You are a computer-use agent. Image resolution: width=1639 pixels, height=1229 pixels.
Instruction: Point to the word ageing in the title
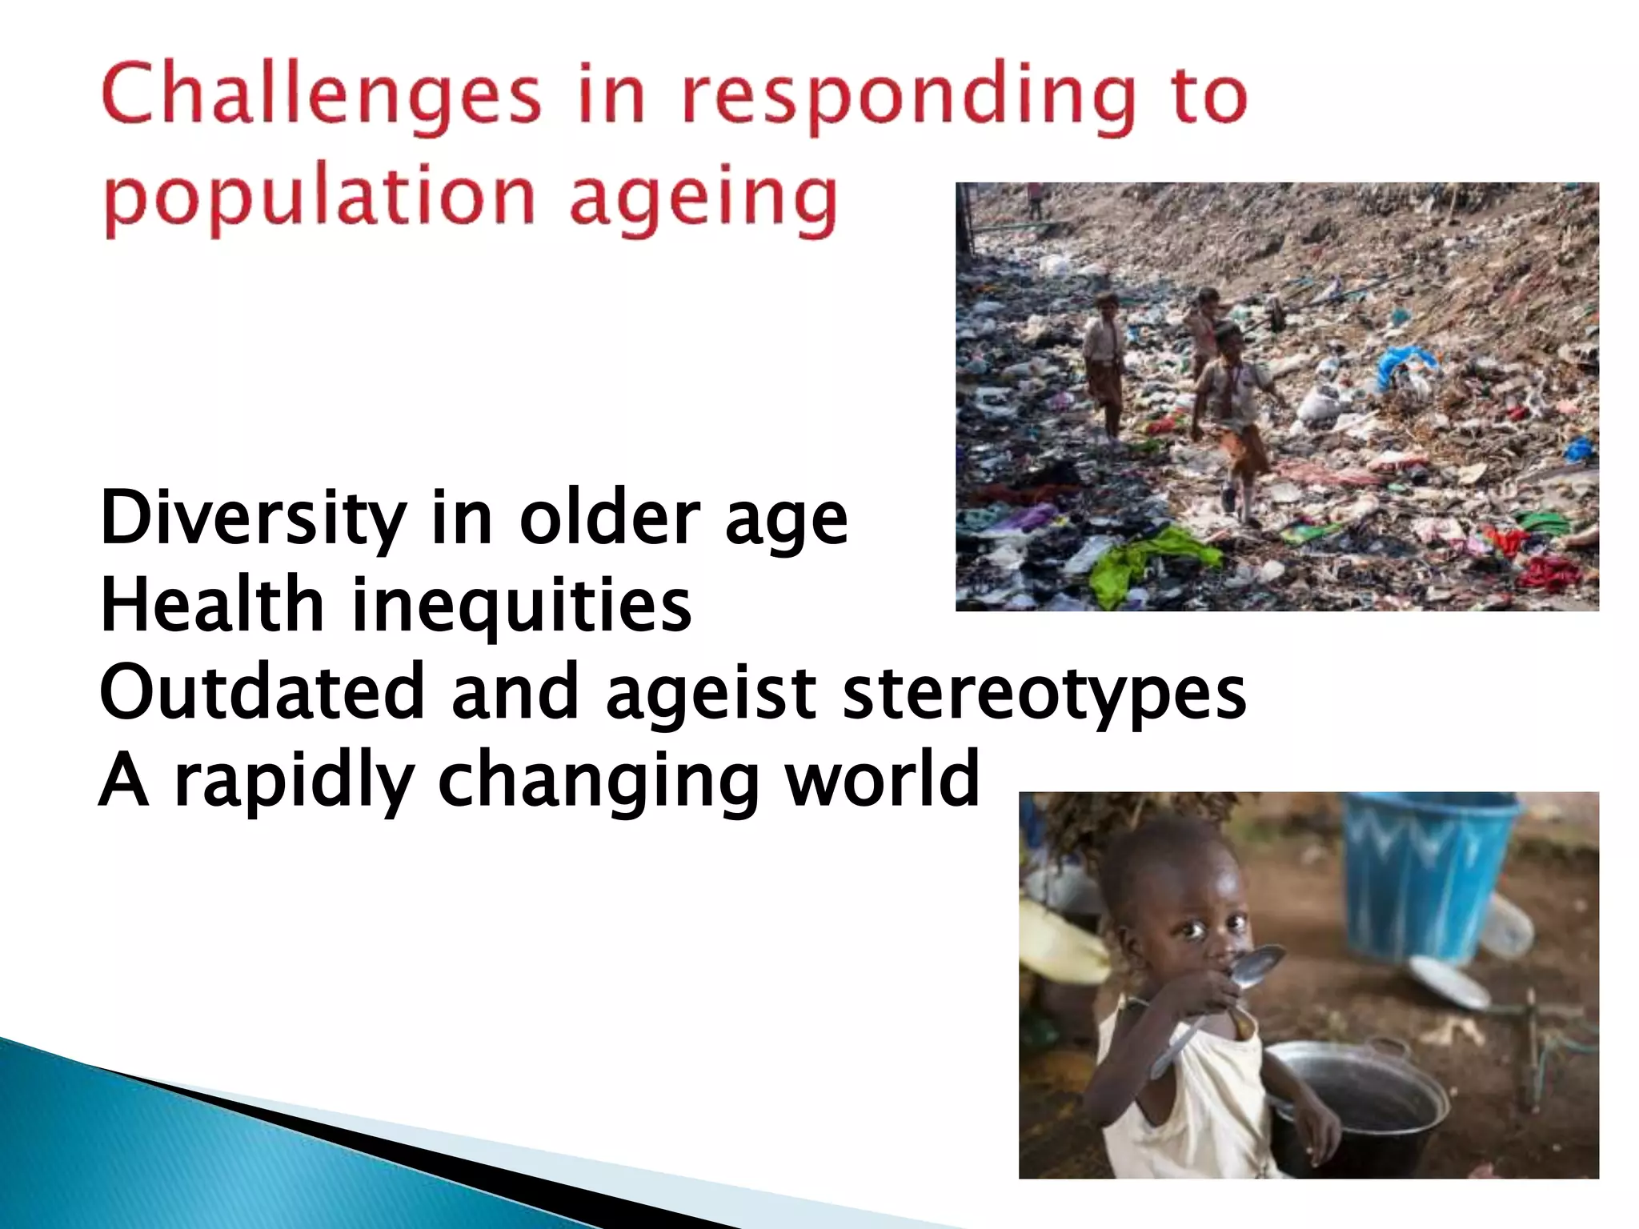click(x=703, y=199)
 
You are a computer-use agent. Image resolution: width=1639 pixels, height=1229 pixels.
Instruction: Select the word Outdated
click(x=261, y=691)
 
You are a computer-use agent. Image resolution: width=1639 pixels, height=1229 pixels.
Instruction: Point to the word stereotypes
click(x=1044, y=693)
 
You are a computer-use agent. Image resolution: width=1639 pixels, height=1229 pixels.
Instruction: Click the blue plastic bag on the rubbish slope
click(x=1405, y=365)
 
